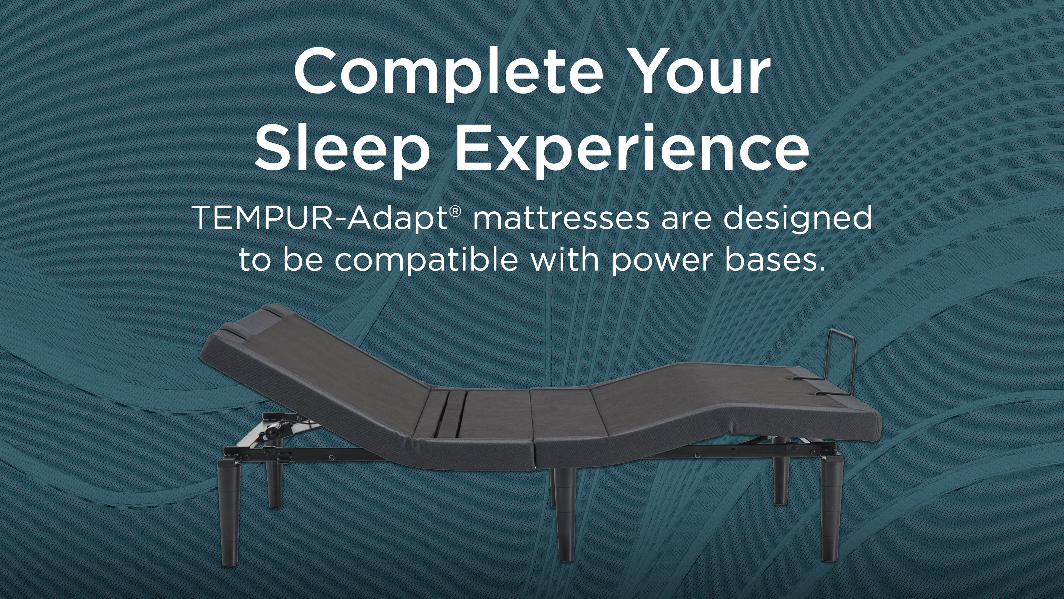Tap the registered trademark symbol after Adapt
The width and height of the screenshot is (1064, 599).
click(x=455, y=212)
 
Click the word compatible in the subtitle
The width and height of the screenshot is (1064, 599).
click(x=426, y=261)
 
